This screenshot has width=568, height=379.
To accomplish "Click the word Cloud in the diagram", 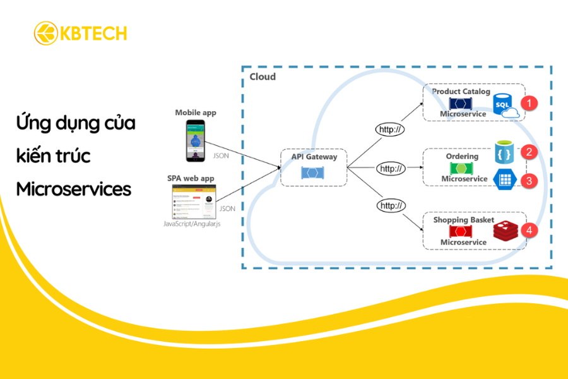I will pos(263,77).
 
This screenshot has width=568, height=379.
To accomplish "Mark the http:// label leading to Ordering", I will pos(391,169).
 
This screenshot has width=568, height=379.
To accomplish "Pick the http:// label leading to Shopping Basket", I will pos(391,206).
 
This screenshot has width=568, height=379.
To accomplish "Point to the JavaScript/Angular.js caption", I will pos(192,223).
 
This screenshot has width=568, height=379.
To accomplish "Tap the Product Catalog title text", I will pos(461,92).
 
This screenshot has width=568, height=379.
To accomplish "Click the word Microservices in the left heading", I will pos(74,188).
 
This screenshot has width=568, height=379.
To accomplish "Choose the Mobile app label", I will pos(195,112).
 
